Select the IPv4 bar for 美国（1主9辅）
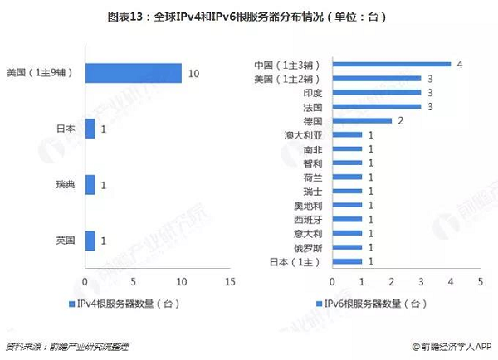[x=133, y=73]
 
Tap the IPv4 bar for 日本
[x=90, y=129]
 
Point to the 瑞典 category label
[x=65, y=184]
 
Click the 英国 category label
[x=65, y=240]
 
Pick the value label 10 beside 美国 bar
[x=193, y=74]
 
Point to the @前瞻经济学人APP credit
[x=452, y=346]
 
